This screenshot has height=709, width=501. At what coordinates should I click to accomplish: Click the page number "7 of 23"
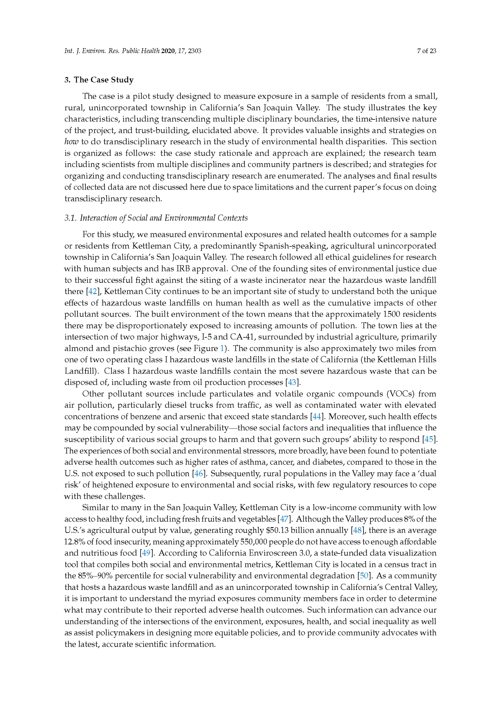click(x=427, y=51)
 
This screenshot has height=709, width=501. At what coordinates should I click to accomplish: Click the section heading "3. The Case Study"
click(x=99, y=80)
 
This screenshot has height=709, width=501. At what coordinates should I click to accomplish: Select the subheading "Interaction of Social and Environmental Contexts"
click(x=163, y=218)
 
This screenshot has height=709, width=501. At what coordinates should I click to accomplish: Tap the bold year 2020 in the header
click(x=168, y=51)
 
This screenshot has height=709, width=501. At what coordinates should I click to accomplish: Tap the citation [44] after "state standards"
click(x=316, y=417)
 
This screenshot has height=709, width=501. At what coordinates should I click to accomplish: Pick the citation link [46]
click(x=198, y=474)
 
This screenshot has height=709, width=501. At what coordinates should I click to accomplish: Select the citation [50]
click(x=364, y=576)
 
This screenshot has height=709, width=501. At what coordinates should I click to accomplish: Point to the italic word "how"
click(x=71, y=142)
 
